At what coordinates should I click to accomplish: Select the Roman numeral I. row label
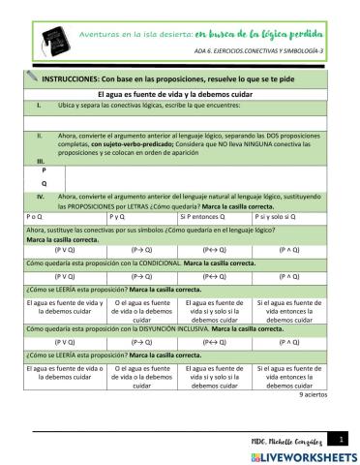pos(38,102)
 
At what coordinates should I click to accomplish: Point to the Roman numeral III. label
pos(40,159)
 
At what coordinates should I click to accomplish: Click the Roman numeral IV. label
pos(41,196)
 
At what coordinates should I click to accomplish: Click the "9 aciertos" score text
pos(313,395)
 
